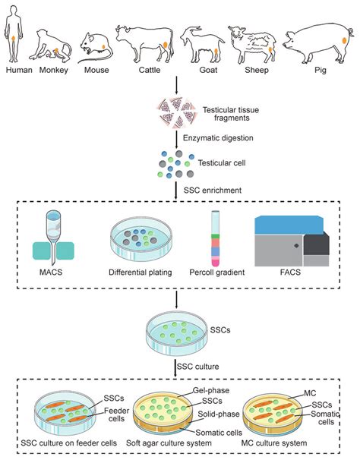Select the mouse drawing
click(96, 46)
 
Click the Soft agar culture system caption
click(181, 442)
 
